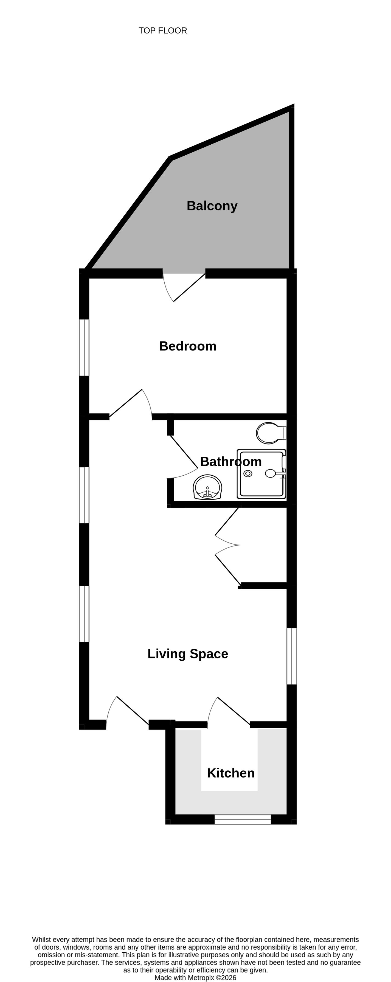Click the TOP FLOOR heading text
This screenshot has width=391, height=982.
[163, 30]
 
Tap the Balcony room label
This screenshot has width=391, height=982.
[212, 206]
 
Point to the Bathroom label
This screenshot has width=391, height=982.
[230, 462]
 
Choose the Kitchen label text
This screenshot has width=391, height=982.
[230, 773]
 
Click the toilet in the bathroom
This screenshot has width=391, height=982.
[271, 433]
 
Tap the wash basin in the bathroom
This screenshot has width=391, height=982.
[207, 487]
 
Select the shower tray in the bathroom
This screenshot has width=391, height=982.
[261, 474]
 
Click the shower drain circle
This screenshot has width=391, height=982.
[248, 473]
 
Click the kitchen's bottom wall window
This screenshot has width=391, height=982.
[243, 819]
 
